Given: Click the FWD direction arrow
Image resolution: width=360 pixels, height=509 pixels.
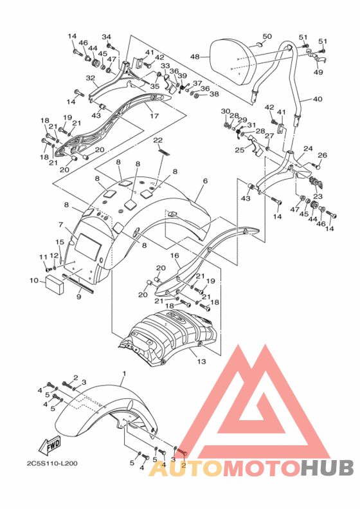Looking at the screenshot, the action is (50, 445).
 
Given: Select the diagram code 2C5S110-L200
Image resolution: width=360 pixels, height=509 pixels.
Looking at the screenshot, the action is (52, 463).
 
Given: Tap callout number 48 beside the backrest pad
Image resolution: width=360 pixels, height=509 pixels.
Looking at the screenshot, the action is (195, 57).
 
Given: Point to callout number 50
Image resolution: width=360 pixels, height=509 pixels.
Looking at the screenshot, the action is (267, 36).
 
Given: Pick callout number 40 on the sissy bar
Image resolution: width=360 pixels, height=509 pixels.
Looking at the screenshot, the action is (318, 98).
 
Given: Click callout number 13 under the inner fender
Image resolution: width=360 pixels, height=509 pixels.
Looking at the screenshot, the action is (201, 361).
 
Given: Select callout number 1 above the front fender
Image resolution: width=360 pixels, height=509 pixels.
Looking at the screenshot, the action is (123, 374).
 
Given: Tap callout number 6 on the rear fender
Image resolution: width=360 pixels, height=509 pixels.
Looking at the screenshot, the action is (205, 181).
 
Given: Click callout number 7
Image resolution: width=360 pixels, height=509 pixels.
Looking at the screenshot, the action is (60, 225).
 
